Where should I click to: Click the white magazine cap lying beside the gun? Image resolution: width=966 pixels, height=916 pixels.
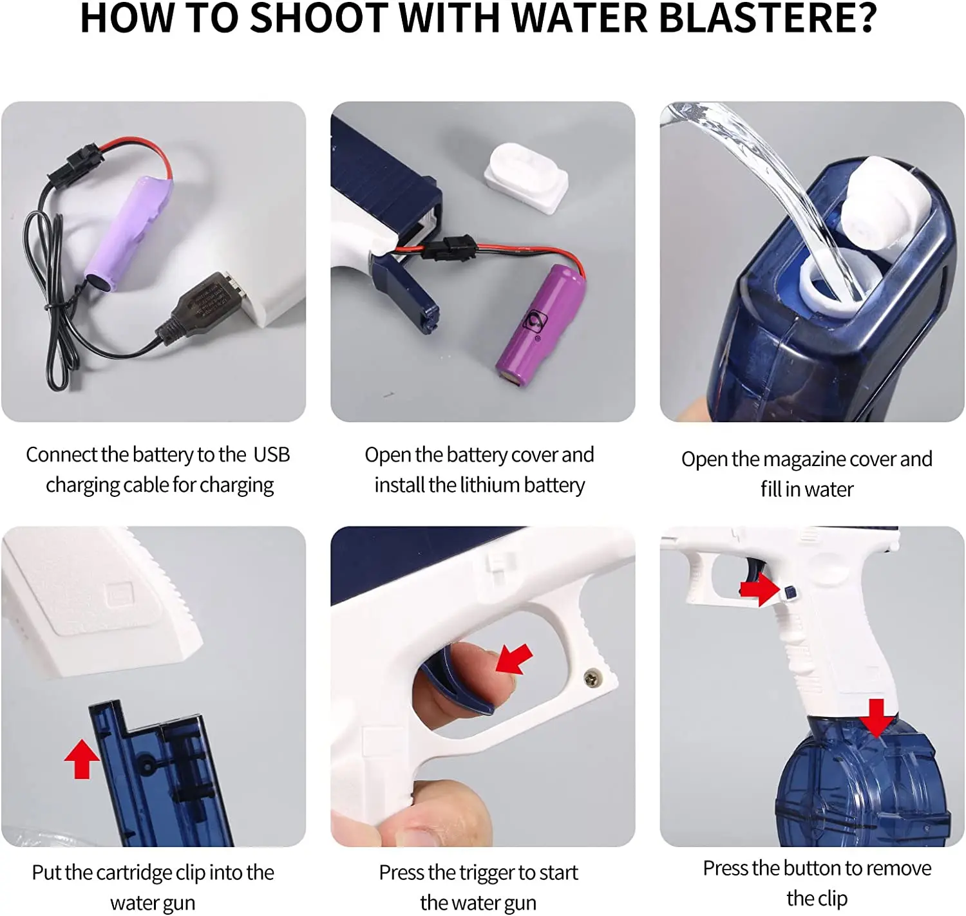click(x=526, y=177)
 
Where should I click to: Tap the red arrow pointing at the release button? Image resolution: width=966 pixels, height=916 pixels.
click(x=760, y=589)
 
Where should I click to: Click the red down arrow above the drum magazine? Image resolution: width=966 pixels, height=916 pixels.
click(x=876, y=718)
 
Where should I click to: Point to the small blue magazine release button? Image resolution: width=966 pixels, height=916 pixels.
click(x=790, y=594)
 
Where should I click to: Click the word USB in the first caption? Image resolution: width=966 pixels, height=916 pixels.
click(x=272, y=455)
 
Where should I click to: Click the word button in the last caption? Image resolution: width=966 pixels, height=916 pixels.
click(x=813, y=869)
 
